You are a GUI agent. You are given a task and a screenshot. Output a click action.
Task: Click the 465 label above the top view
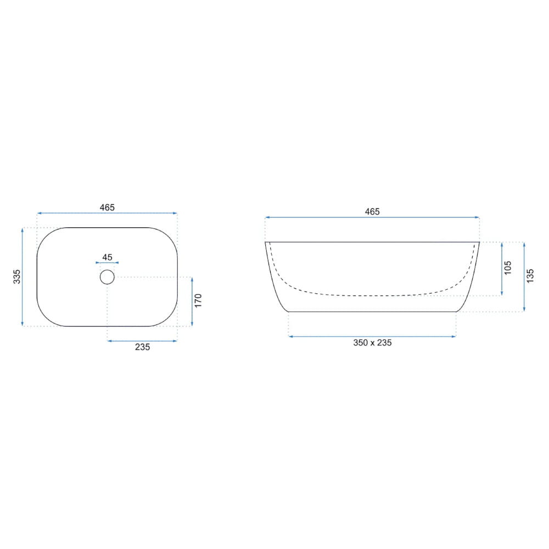tap(107, 208)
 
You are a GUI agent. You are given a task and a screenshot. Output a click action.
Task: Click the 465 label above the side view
tap(372, 211)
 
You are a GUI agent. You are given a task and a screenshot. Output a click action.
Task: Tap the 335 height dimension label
tap(17, 277)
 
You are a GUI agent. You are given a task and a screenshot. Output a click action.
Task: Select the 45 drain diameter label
tap(107, 257)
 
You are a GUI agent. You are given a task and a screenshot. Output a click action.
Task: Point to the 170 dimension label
tap(198, 301)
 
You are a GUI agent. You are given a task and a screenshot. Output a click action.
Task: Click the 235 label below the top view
tap(143, 347)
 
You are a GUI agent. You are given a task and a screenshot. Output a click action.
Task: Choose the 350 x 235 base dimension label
tap(372, 343)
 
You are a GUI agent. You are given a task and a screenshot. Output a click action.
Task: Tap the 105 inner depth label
tap(508, 268)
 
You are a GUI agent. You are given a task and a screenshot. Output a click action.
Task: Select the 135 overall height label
tap(530, 276)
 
